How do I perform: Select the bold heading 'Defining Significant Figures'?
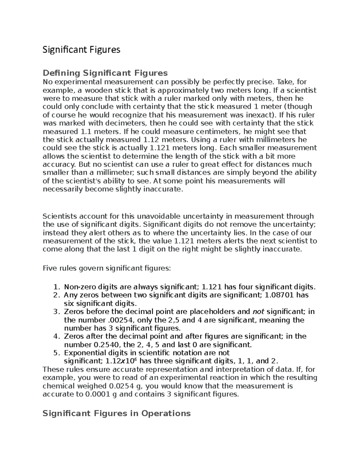(x=105, y=73)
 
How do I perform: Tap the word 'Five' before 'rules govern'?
(x=49, y=268)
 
